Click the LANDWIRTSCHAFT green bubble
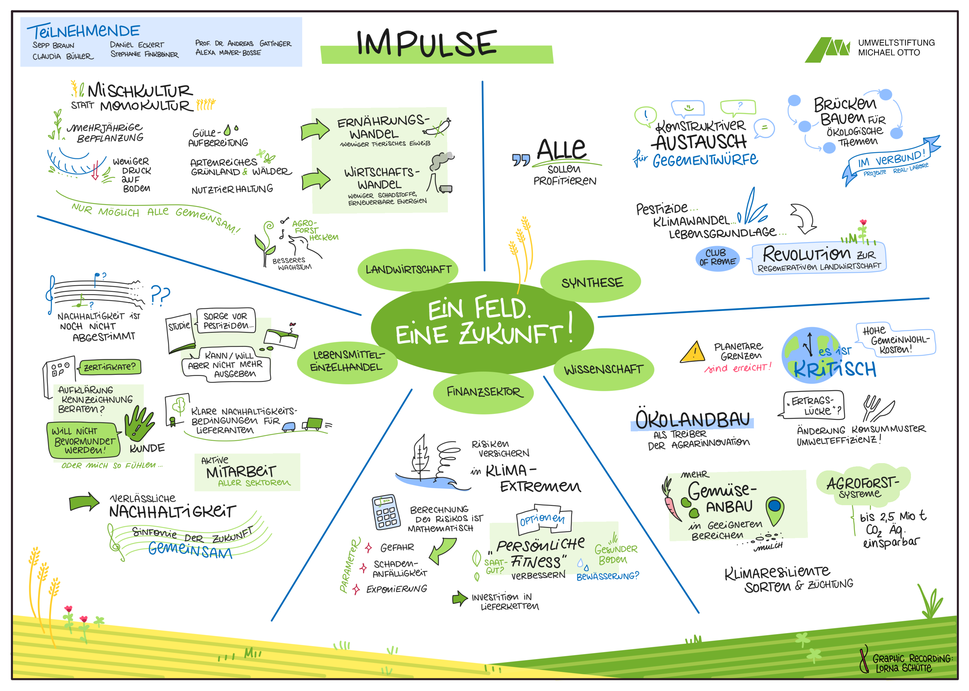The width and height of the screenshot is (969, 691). pos(407,269)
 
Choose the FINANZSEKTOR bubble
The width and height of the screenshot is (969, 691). pos(483,391)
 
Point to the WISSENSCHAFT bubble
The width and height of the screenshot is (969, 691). pos(603,369)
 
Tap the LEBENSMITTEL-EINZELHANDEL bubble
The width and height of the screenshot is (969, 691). pos(347,362)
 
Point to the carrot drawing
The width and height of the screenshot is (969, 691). pos(671,500)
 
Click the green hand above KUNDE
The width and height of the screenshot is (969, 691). pos(138,423)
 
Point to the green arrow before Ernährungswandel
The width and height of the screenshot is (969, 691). pos(314,129)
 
